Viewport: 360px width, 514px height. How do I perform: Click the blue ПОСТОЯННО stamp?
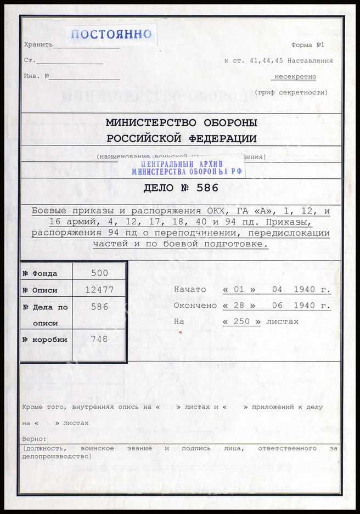111,34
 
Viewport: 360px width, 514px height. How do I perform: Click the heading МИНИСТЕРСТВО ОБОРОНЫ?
181,123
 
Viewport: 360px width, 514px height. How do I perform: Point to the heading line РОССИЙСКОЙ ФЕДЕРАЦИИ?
181,138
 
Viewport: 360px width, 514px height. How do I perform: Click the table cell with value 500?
99,273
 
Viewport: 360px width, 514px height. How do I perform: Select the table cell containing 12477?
99,290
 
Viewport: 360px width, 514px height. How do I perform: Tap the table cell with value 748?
99,339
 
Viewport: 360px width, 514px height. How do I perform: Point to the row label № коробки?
45,340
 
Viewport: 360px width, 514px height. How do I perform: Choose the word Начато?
190,289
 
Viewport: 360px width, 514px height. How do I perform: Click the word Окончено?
195,306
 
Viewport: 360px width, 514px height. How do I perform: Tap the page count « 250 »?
241,321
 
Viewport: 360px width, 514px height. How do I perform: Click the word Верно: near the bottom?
34,439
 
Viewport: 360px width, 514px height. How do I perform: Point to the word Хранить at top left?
38,45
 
